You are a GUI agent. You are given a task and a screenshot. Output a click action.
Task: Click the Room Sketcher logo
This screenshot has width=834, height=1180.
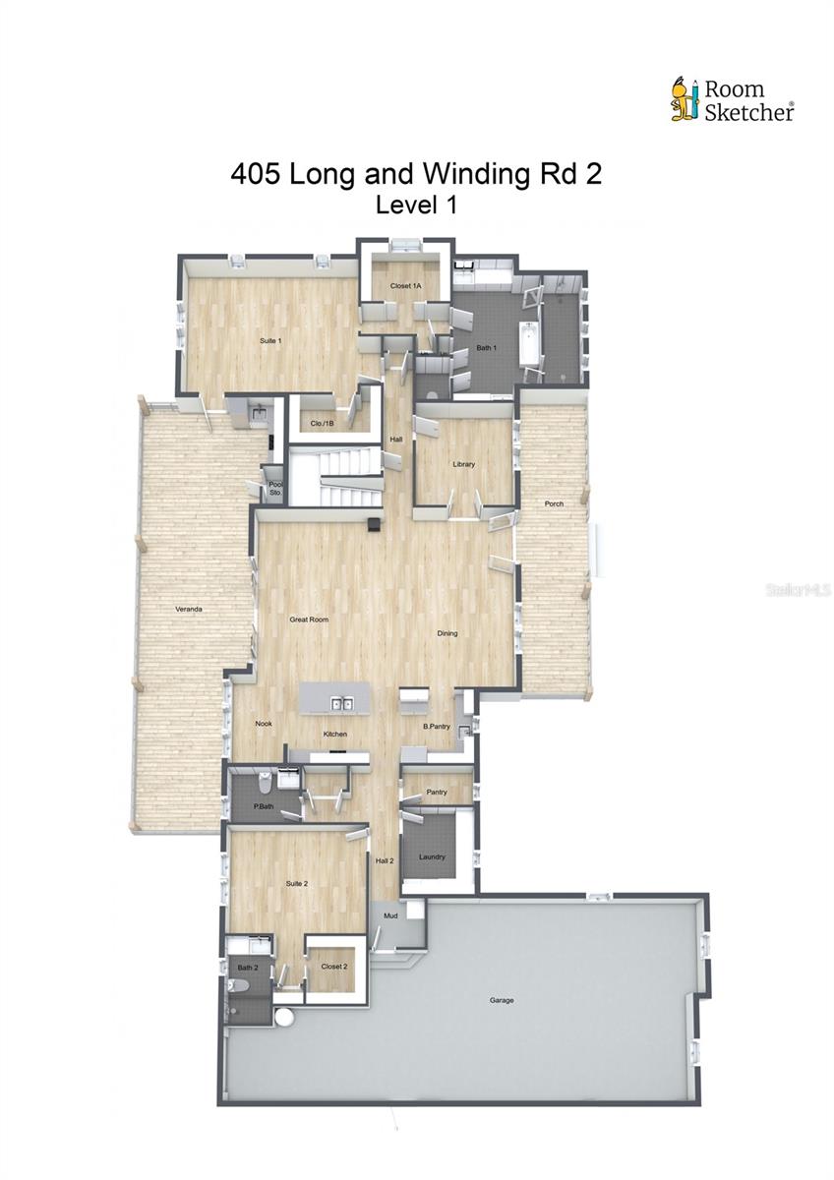tap(733, 100)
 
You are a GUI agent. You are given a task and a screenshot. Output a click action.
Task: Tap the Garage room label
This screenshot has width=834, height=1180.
tap(502, 1001)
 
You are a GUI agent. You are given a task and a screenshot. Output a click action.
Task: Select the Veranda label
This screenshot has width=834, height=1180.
tap(189, 610)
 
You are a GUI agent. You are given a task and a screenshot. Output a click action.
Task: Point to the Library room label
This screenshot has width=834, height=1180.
tap(464, 464)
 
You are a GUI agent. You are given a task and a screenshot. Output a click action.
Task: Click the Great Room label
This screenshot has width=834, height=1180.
tap(309, 619)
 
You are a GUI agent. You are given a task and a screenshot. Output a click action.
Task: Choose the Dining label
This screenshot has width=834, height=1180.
tap(447, 633)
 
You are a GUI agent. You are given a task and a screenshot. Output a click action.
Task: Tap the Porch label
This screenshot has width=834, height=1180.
tap(555, 504)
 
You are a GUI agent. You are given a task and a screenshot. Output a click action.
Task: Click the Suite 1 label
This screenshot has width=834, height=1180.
tap(270, 341)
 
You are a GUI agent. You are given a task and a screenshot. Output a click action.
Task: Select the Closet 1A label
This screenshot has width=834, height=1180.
tap(405, 285)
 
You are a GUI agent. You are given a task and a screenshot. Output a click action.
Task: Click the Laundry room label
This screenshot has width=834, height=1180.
tap(433, 856)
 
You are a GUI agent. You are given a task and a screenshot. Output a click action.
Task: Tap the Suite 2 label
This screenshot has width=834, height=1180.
tap(298, 884)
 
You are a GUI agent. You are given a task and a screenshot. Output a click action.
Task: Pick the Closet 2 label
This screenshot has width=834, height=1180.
tap(334, 967)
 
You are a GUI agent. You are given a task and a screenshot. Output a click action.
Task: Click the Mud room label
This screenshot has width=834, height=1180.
tap(390, 915)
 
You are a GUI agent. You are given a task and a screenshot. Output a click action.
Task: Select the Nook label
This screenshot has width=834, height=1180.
tap(264, 724)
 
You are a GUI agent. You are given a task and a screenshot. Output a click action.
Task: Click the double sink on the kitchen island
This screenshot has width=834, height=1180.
tap(342, 703)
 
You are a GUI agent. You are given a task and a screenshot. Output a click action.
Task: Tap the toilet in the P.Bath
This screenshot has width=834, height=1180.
tap(264, 784)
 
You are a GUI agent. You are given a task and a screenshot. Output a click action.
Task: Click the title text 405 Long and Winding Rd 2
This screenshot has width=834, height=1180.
tap(416, 174)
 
